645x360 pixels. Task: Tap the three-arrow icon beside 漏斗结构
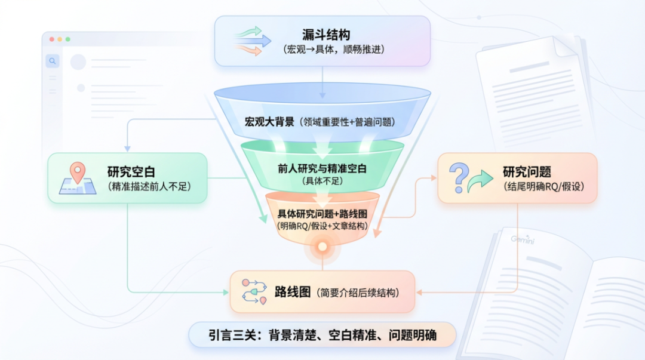tap(248, 41)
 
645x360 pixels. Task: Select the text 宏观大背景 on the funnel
tap(269, 122)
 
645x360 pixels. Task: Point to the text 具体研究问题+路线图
tap(322, 214)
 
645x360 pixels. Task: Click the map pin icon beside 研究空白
tap(77, 173)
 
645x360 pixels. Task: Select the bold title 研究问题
tap(527, 172)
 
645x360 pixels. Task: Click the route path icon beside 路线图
tap(254, 291)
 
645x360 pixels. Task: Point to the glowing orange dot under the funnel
tap(322, 246)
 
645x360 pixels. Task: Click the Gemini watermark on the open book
tap(522, 239)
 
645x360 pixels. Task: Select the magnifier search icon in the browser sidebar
tap(53, 61)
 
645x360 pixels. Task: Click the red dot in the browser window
tap(52, 39)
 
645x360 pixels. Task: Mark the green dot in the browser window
tap(67, 39)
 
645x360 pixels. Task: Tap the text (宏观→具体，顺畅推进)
tap(334, 50)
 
